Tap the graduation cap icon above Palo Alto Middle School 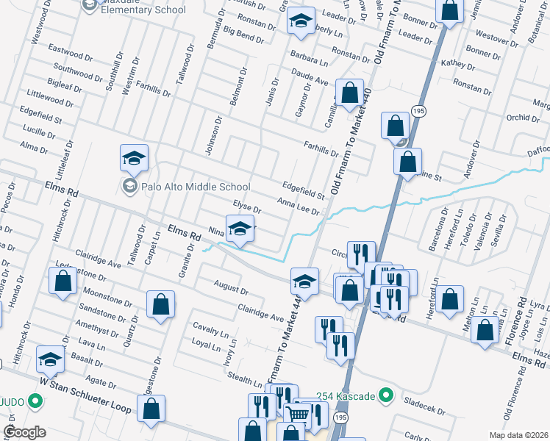(135, 158)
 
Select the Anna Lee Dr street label (298, 206)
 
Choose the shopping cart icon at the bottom (297, 415)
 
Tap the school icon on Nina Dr (240, 229)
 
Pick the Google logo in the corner (24, 432)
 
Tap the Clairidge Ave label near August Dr (260, 312)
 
